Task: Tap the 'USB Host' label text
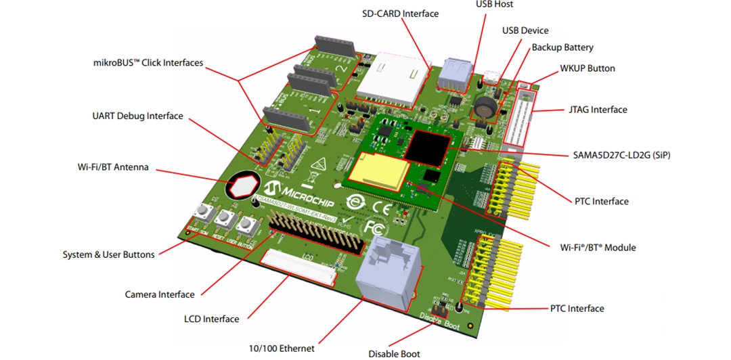[x=494, y=5]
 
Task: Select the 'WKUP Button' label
[x=587, y=68]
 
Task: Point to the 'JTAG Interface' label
[x=595, y=110]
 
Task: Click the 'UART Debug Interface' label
[x=137, y=116]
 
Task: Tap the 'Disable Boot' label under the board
[x=394, y=353]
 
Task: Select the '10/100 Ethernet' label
[x=281, y=348]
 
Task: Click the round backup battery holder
[x=486, y=106]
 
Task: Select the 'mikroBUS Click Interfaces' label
[x=148, y=63]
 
